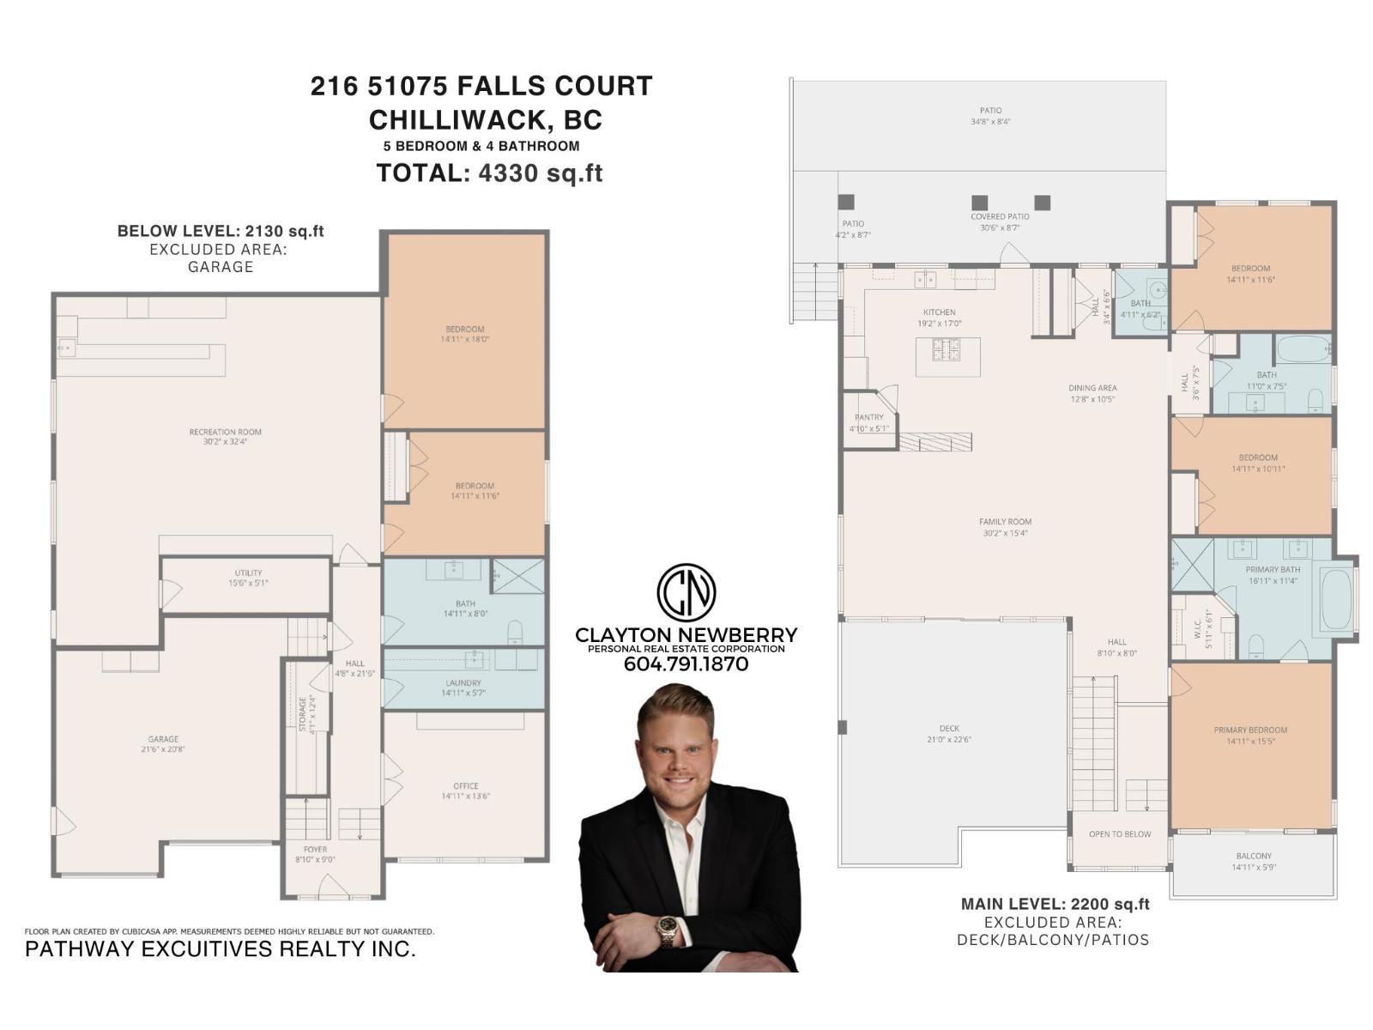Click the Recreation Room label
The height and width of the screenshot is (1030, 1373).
coord(225,433)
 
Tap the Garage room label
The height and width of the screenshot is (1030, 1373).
coord(163,739)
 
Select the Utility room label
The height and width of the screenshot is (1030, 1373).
coord(248,573)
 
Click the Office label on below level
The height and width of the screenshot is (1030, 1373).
coord(465,786)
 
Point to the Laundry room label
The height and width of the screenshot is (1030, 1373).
coord(463,683)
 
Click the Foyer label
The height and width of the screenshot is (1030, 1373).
coord(315,850)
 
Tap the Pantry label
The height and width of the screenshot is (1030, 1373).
coord(868,418)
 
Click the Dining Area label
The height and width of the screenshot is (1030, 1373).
coord(1092,388)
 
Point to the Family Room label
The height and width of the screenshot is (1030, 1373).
coord(1005,522)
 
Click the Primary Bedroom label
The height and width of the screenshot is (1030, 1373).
coord(1249,730)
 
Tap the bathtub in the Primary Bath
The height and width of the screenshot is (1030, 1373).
coord(1336,598)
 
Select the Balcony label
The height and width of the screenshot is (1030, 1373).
coord(1254,857)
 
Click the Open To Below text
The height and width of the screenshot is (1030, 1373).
coord(1119,834)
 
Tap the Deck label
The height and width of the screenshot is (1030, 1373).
coord(948,729)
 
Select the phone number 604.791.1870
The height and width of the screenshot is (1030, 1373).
coord(685,664)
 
